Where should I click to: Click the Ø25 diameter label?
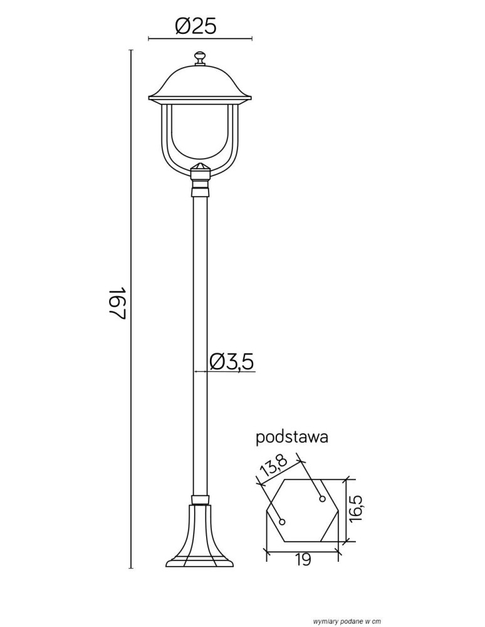tap(196, 27)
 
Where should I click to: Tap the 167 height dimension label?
tap(118, 303)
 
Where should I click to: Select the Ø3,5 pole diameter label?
tap(232, 362)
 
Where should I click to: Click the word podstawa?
tap(291, 437)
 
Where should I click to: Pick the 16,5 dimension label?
tap(355, 508)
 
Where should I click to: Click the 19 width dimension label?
tap(303, 560)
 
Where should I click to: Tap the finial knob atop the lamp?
tap(200, 58)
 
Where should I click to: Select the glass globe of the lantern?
tap(200, 131)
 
